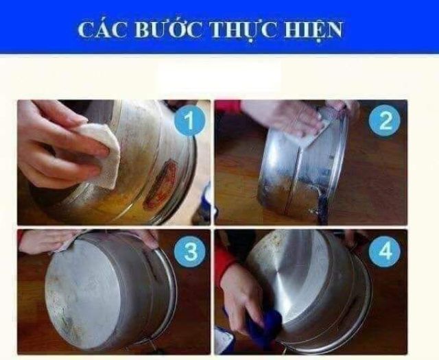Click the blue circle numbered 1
pos(189,121)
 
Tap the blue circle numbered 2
pos(385,121)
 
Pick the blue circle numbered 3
pos(190,251)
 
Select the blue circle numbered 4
pos(384,251)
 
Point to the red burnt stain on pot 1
pos(160,184)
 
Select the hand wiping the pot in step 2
pos(283,117)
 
